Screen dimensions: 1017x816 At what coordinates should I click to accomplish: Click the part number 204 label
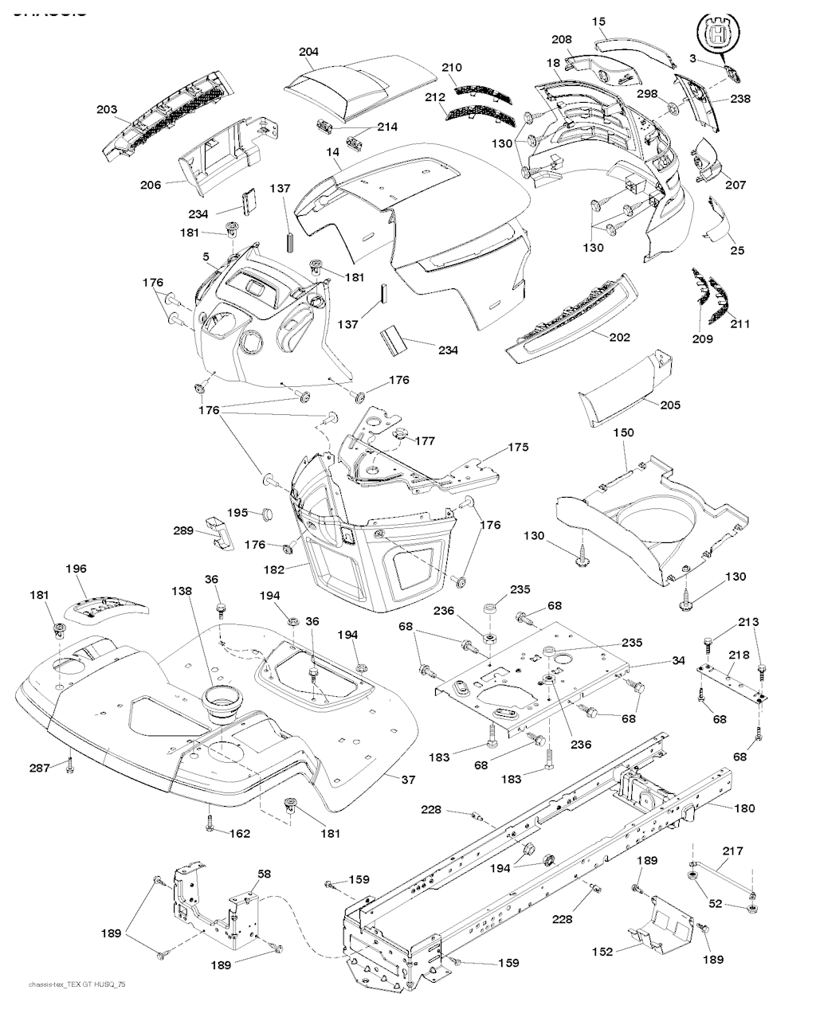pos(308,52)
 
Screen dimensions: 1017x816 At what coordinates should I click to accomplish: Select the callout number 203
pos(107,110)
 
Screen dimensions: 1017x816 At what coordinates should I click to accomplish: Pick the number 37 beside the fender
pos(408,780)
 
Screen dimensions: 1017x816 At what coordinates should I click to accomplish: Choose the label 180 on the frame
pos(743,808)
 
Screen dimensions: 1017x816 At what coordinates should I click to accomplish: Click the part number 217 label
pos(733,851)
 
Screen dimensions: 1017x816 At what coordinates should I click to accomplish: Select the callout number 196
pos(76,569)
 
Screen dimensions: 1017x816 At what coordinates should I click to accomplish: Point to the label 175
pos(518,448)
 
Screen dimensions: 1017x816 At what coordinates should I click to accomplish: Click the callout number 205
pos(670,405)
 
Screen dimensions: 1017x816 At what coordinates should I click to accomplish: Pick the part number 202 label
pos(619,337)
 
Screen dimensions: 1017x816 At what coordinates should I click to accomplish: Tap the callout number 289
pos(184,530)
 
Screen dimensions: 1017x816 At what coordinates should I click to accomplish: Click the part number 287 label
pos(40,768)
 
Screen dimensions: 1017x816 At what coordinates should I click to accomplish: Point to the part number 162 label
pos(240,834)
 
